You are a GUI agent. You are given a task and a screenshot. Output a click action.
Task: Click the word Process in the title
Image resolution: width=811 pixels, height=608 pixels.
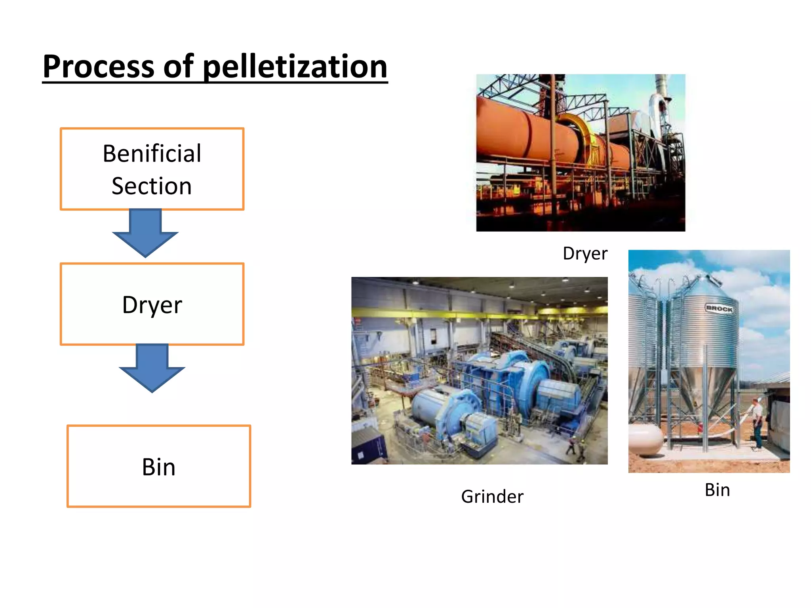tap(99, 66)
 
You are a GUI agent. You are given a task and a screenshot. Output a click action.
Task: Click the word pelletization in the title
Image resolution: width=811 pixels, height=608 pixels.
tap(295, 66)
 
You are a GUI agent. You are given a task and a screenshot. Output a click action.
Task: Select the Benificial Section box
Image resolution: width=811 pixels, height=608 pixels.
tap(152, 169)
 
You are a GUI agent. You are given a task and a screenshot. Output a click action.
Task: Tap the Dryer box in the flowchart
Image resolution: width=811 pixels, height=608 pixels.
tap(152, 304)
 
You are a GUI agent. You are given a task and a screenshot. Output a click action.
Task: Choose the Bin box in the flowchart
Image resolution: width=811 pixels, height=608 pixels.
tap(159, 466)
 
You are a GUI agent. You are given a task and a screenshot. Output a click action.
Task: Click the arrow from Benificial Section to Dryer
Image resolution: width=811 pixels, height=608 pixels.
tap(145, 234)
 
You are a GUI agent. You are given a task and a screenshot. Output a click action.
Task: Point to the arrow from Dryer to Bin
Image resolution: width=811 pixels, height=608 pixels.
tap(152, 368)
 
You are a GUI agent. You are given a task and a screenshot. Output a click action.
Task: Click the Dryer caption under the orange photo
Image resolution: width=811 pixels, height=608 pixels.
tap(585, 253)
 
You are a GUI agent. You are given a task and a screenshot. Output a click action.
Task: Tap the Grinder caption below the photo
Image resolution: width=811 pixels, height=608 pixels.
tap(492, 496)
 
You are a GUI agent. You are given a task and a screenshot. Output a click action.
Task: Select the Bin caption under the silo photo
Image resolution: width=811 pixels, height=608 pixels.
tap(717, 490)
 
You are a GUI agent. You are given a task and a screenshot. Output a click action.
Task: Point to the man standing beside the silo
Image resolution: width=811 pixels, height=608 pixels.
tap(757, 424)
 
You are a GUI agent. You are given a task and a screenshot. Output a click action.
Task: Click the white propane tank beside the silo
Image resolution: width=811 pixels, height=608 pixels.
tap(645, 439)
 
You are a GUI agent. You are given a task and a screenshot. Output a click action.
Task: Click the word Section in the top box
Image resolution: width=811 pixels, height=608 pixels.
tap(152, 186)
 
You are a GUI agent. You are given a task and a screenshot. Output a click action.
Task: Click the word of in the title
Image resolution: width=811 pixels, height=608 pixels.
tap(179, 66)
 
